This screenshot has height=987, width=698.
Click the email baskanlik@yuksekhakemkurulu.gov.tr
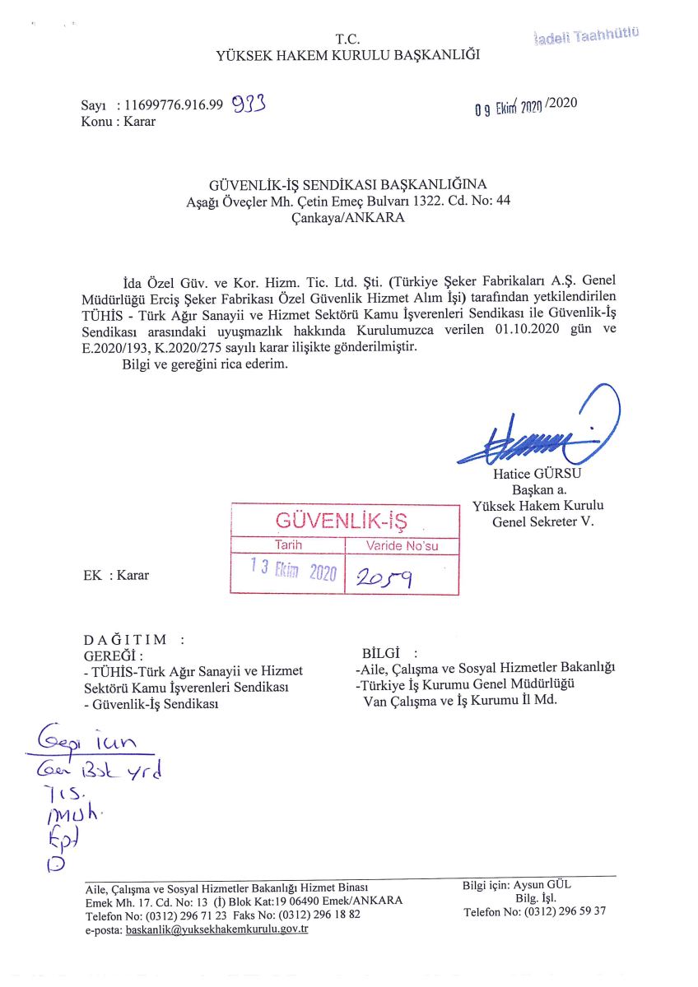tap(216, 929)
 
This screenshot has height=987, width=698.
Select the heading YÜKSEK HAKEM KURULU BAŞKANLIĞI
tap(347, 56)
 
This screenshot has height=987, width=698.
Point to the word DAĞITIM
tap(126, 639)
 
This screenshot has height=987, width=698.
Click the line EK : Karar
tap(117, 575)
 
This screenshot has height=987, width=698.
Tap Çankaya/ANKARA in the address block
tap(348, 218)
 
